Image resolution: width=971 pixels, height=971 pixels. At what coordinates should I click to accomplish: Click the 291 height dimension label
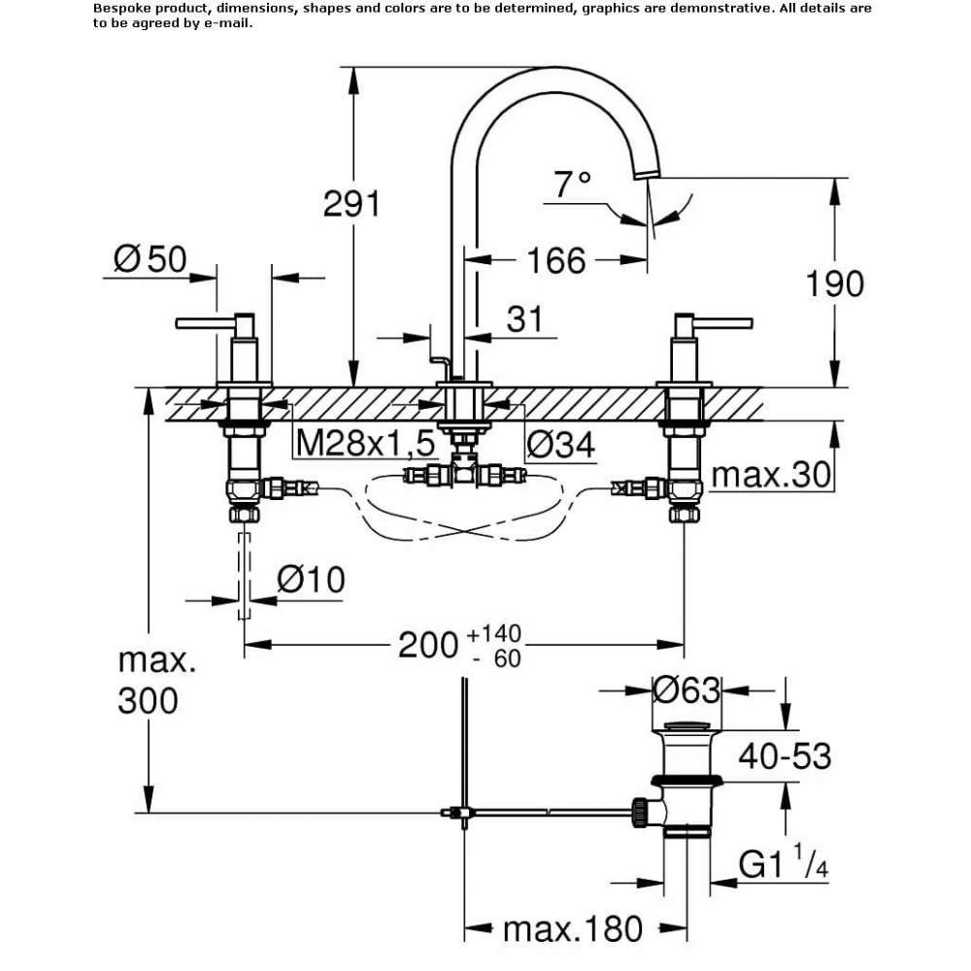(352, 203)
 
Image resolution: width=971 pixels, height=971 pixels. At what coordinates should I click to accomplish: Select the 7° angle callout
(572, 184)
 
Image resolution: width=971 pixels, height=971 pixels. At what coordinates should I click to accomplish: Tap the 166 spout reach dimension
(556, 260)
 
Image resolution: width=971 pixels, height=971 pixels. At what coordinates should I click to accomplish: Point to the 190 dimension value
(834, 284)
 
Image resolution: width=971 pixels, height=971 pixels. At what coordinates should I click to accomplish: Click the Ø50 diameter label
(150, 258)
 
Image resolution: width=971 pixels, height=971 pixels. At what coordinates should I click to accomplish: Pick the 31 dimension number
(524, 318)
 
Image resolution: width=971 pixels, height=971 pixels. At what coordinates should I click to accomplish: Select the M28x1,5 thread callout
(365, 443)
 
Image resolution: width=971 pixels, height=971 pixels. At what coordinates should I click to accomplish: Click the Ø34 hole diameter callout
(561, 444)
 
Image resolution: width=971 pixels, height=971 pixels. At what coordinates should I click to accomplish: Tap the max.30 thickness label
(771, 475)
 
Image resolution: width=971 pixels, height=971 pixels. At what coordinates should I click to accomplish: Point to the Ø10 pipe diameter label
(311, 580)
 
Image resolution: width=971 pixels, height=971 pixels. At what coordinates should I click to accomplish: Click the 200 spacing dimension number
(427, 645)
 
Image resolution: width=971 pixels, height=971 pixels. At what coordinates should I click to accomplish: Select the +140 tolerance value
(493, 633)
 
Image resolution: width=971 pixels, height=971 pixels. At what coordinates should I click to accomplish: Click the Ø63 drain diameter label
(686, 689)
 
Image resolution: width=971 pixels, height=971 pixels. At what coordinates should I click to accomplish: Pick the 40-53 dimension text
(785, 755)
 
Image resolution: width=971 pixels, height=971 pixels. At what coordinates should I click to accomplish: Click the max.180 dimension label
(573, 929)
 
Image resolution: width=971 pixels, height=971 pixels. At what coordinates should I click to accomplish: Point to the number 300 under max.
(148, 700)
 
